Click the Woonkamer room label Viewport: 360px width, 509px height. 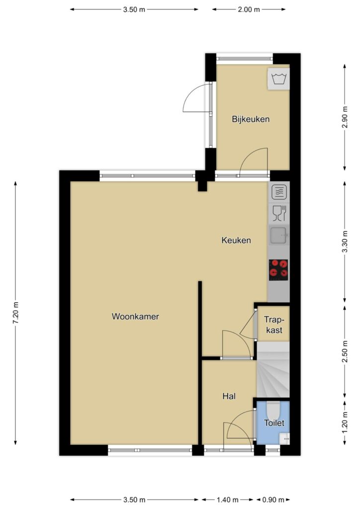point(135,317)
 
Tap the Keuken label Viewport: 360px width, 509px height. point(236,240)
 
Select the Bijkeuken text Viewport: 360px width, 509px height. point(251,119)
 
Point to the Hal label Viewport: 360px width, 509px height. point(229,396)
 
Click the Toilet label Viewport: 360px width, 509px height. point(274,423)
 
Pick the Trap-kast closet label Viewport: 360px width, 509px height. point(274,325)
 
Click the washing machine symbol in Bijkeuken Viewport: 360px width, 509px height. point(278,79)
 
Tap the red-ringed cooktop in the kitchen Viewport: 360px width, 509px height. point(278,270)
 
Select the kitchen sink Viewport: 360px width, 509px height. point(278,235)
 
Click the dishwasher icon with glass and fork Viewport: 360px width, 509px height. point(279,213)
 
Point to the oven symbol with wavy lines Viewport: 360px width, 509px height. point(279,192)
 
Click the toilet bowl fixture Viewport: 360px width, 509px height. point(272,410)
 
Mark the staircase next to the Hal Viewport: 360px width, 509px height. point(272,369)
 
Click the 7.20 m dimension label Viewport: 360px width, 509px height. point(15,313)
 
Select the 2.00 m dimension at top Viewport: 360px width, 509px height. point(249,9)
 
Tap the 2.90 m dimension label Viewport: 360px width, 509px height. point(345,117)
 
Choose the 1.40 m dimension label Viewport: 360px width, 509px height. point(228,500)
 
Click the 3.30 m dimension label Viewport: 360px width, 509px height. point(345,242)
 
